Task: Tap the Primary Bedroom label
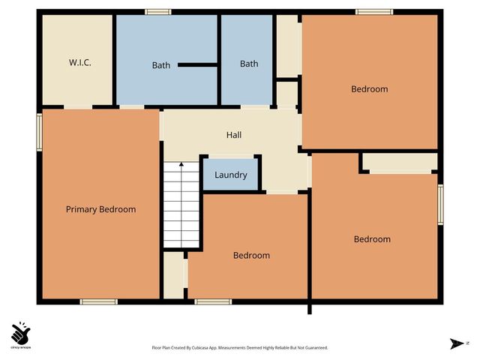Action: [100, 209]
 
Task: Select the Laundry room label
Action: [231, 175]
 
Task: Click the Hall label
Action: [234, 135]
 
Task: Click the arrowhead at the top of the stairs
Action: [182, 163]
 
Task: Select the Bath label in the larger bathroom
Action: [161, 65]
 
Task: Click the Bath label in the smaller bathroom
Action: [249, 64]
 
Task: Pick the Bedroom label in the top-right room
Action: [370, 89]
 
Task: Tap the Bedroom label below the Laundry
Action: [251, 255]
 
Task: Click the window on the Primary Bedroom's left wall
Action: [40, 133]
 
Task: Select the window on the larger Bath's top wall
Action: [157, 11]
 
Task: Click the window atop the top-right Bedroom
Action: [373, 11]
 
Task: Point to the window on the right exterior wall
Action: [440, 204]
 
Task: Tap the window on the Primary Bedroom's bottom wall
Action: [99, 301]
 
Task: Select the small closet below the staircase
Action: [174, 275]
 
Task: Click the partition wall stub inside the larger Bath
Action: [197, 65]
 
